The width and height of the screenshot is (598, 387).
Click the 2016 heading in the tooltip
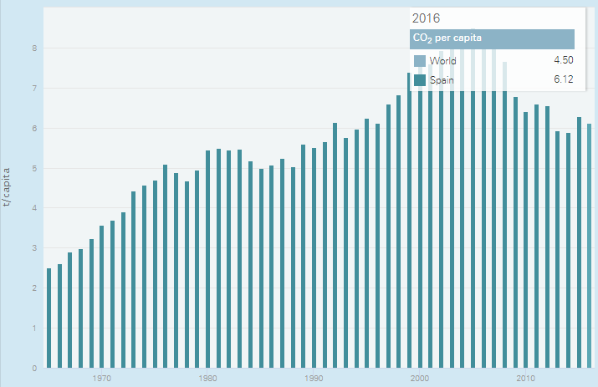[x=427, y=18]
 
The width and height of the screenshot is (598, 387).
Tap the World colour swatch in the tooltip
[x=420, y=61]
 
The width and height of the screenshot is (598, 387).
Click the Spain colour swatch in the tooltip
[x=420, y=80]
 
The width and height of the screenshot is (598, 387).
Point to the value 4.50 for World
[x=562, y=61]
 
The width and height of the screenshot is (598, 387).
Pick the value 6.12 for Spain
[x=562, y=80]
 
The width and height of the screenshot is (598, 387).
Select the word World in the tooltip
[x=442, y=61]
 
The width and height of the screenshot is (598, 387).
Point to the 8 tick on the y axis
[x=34, y=48]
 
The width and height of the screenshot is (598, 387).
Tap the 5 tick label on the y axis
[x=34, y=168]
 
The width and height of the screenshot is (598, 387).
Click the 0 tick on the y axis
[x=34, y=369]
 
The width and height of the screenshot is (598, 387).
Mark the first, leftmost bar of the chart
[x=49, y=318]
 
